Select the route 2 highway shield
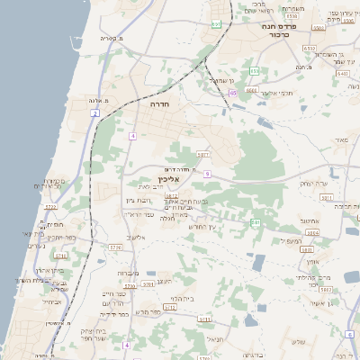click(95, 113)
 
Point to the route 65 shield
click(232, 93)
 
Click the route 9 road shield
click(207, 173)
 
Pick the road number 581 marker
click(256, 221)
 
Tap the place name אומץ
click(312, 261)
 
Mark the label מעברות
click(129, 274)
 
